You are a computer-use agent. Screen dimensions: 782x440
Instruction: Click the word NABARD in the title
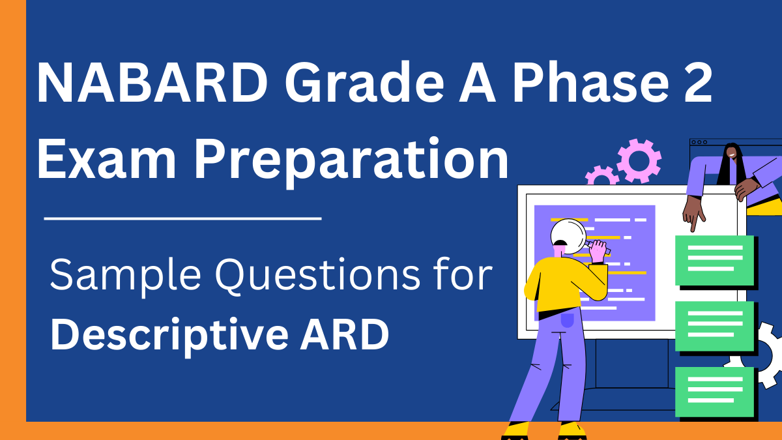pos(152,82)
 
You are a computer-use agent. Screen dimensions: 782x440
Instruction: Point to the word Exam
pos(106,159)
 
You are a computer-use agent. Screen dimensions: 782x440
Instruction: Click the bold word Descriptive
pos(169,336)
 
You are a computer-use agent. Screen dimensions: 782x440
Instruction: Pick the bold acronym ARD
pos(345,334)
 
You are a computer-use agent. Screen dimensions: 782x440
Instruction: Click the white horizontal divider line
pos(182,218)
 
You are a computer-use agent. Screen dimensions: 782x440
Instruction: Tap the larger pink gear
pos(639,161)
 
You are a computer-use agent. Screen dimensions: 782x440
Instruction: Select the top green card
pos(715,261)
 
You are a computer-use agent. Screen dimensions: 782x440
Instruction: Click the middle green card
pos(715,326)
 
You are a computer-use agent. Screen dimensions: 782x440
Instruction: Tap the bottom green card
pos(715,392)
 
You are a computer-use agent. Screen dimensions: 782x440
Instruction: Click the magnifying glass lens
pos(568,236)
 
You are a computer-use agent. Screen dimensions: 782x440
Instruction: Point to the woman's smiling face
pos(732,154)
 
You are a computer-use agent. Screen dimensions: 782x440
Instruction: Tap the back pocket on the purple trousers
pos(568,320)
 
